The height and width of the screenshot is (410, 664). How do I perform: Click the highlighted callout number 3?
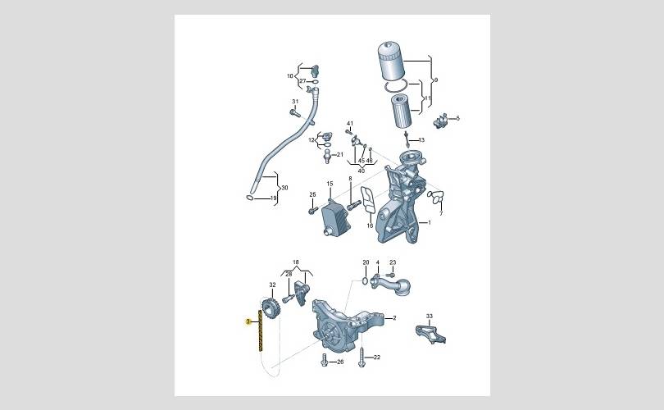pyautogui.click(x=248, y=322)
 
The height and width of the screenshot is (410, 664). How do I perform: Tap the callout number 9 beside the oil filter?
pyautogui.click(x=436, y=80)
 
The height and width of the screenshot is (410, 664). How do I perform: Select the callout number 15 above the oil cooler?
pyautogui.click(x=330, y=184)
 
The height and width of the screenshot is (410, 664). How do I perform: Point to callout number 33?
pyautogui.click(x=430, y=317)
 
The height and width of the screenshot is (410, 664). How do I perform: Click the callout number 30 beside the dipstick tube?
pyautogui.click(x=284, y=188)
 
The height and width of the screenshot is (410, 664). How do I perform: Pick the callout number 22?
pyautogui.click(x=377, y=357)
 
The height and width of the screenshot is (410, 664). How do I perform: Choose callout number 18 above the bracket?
pyautogui.click(x=296, y=262)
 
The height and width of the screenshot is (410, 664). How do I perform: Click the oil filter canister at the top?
pyautogui.click(x=389, y=61)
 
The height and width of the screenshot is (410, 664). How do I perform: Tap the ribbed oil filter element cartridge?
pyautogui.click(x=400, y=111)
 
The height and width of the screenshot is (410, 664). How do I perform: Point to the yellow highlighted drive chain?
pyautogui.click(x=260, y=330)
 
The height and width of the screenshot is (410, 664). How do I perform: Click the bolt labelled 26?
pyautogui.click(x=325, y=360)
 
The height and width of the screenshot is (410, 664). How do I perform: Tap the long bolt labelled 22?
pyautogui.click(x=362, y=357)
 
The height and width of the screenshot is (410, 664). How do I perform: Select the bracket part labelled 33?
pyautogui.click(x=430, y=334)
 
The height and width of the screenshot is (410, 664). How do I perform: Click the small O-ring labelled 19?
pyautogui.click(x=249, y=198)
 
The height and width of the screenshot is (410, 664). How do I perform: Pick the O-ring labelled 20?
pyautogui.click(x=365, y=280)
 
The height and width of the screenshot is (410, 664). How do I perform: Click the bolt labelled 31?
pyautogui.click(x=295, y=113)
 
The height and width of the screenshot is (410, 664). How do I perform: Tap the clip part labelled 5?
pyautogui.click(x=440, y=121)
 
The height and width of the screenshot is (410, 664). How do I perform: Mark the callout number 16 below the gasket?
pyautogui.click(x=370, y=225)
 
